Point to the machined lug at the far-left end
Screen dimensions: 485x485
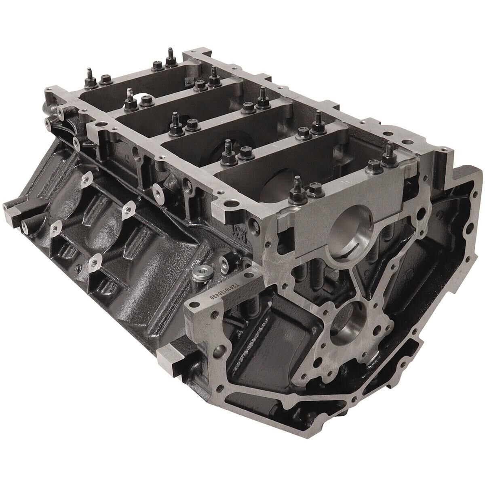[x=12, y=208]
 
